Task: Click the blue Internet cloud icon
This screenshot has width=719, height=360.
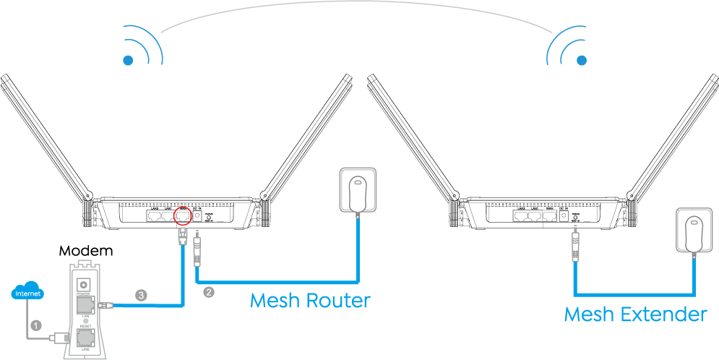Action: (x=28, y=293)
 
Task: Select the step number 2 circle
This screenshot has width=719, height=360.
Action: (x=209, y=293)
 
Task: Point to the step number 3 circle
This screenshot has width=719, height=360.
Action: (x=142, y=295)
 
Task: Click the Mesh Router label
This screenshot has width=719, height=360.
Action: (x=310, y=300)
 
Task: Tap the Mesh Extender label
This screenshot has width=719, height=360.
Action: (x=635, y=314)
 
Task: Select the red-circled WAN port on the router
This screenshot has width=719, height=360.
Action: (x=183, y=215)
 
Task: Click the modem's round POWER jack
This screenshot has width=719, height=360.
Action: (x=85, y=283)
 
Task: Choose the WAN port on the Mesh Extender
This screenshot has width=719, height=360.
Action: (x=553, y=215)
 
